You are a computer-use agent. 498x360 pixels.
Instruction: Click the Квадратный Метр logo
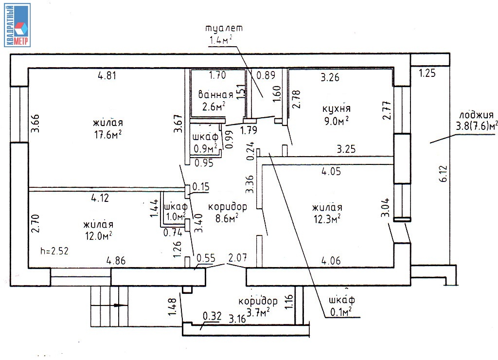coord(18,25)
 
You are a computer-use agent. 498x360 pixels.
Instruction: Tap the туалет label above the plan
coord(224,28)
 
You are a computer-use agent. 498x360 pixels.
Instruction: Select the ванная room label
coord(215,94)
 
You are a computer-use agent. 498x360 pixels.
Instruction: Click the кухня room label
coord(337,108)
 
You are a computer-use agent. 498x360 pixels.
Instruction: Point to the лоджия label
coord(477,115)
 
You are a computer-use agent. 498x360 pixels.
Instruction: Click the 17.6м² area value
coord(108,135)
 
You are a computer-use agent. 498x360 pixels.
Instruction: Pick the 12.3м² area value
coord(327,218)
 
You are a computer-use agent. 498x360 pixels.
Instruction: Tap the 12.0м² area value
coord(98,236)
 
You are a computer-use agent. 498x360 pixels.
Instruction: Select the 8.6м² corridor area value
coord(227,218)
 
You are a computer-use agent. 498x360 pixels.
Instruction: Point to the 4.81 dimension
coord(107,75)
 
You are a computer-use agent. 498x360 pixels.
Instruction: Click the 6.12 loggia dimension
coord(444,174)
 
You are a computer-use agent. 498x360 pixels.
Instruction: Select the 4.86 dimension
coord(116,261)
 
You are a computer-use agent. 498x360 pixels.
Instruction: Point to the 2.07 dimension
coord(237,257)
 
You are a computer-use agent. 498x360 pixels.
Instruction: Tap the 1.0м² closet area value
coord(176,216)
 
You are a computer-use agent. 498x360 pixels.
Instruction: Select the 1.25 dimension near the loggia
coord(427,73)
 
